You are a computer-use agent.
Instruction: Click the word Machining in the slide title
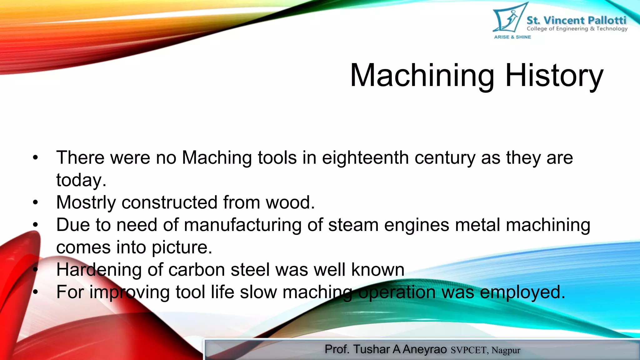coord(422,76)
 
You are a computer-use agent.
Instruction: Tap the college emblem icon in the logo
coord(507,18)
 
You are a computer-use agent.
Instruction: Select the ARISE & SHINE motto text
coord(512,37)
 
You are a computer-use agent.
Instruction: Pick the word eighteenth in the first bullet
coord(365,157)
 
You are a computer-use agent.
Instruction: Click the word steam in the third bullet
coord(353,225)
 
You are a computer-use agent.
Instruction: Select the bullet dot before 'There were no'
coord(35,158)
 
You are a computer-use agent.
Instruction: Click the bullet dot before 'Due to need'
coord(35,225)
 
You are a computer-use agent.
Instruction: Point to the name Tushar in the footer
coord(372,349)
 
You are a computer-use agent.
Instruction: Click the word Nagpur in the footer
coord(506,350)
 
